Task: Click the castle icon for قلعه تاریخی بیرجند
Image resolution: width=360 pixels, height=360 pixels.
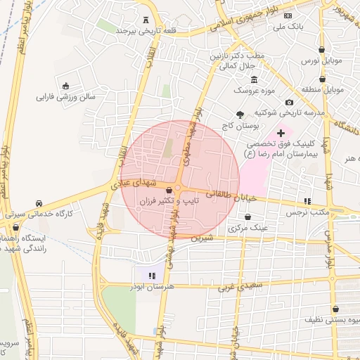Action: (x=146, y=20)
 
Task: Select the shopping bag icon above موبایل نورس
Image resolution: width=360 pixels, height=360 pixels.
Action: (x=322, y=49)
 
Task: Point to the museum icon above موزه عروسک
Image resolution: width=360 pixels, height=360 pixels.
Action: (x=254, y=79)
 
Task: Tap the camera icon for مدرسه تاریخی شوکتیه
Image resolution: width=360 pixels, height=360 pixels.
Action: (x=289, y=103)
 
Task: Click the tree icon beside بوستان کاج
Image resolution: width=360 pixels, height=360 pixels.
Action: (x=240, y=114)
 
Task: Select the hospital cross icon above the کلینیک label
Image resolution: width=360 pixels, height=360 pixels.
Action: (x=281, y=132)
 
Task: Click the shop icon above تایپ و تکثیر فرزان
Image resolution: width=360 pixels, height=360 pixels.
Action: (x=169, y=190)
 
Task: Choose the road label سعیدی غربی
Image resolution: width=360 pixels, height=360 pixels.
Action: (x=235, y=286)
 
